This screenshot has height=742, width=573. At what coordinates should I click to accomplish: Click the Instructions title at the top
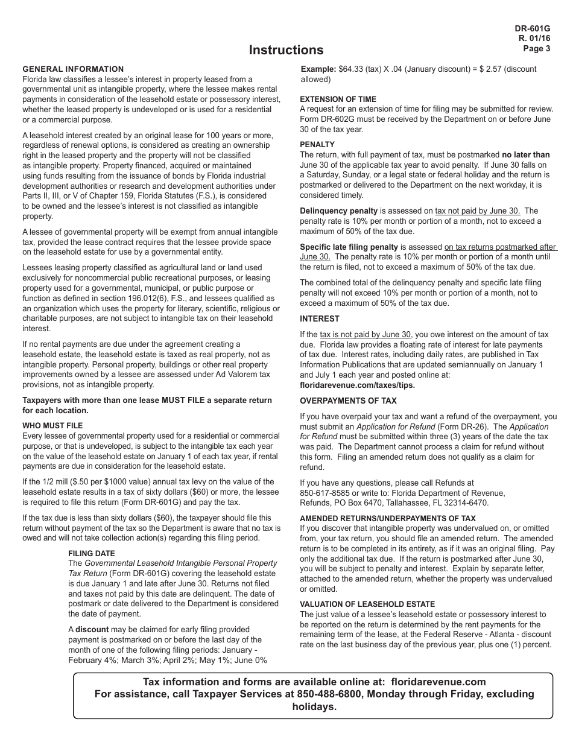(x=286, y=50)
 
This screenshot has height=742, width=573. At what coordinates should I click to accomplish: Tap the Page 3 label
(x=536, y=49)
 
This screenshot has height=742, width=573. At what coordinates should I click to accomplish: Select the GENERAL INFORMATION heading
(x=73, y=69)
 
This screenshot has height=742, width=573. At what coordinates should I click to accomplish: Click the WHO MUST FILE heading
(x=52, y=425)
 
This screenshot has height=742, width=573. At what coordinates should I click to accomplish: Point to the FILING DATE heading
(x=91, y=553)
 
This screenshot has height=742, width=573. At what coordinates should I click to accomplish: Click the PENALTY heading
(x=317, y=145)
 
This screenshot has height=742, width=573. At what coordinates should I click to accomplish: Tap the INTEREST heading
(x=320, y=319)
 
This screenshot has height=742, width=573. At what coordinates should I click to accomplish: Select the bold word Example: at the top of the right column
(x=318, y=69)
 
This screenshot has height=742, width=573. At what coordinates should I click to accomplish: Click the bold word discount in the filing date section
(x=92, y=629)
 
